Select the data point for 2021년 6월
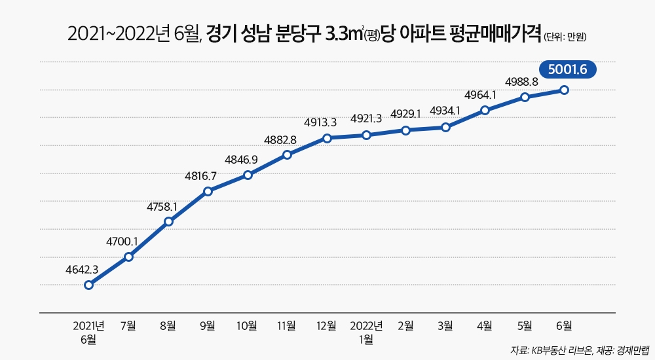89,285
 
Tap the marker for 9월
208,191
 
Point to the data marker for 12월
327,138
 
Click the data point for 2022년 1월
367,135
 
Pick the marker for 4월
485,110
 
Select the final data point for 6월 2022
564,90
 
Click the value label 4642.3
83,269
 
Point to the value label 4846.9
242,159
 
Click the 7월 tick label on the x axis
128,325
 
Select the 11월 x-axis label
287,325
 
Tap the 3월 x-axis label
445,325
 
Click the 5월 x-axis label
525,325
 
